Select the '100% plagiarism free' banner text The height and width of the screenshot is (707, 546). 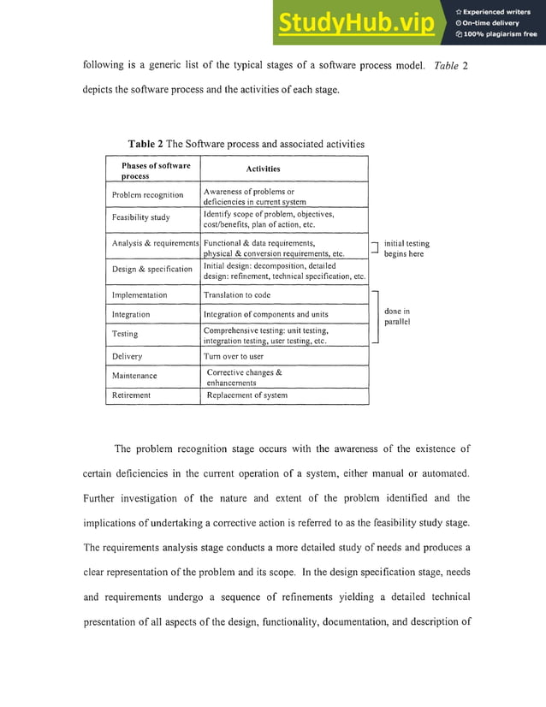(x=496, y=34)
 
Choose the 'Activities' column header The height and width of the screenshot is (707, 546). (x=263, y=169)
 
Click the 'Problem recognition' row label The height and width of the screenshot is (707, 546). (x=147, y=195)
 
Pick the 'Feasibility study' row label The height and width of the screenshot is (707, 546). (x=140, y=217)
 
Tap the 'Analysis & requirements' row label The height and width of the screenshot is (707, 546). (x=155, y=244)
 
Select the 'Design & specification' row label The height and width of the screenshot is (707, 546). (x=152, y=270)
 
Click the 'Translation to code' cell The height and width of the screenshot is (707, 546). (x=237, y=295)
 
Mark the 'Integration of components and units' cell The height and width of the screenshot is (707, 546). (x=265, y=315)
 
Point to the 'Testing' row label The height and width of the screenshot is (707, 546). (x=125, y=334)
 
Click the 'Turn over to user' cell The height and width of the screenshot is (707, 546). (x=234, y=356)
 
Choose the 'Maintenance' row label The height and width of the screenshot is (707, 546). (x=134, y=376)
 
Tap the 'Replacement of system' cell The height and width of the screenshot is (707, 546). (x=245, y=395)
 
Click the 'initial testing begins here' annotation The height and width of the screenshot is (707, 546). (x=407, y=248)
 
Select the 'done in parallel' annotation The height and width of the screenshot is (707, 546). (x=398, y=317)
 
